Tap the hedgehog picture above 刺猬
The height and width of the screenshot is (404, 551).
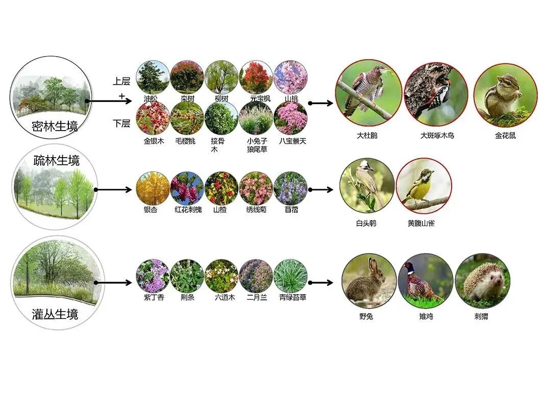pyautogui.click(x=482, y=281)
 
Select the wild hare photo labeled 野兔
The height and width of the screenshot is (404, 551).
pyautogui.click(x=369, y=281)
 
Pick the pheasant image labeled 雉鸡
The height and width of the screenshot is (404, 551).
pyautogui.click(x=425, y=281)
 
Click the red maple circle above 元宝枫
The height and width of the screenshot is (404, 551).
pyautogui.click(x=256, y=77)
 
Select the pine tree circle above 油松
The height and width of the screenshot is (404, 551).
pyautogui.click(x=153, y=77)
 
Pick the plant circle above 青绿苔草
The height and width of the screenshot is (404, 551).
pyautogui.click(x=290, y=276)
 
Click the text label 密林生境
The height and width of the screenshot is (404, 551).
pyautogui.click(x=55, y=126)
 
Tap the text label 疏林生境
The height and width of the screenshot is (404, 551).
pyautogui.click(x=57, y=161)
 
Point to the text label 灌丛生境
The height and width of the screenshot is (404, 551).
pyautogui.click(x=55, y=314)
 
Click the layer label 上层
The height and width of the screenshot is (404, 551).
pyautogui.click(x=121, y=82)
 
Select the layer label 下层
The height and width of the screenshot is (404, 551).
pyautogui.click(x=121, y=123)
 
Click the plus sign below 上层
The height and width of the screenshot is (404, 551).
pyautogui.click(x=121, y=96)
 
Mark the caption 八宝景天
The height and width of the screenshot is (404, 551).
pyautogui.click(x=293, y=141)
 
